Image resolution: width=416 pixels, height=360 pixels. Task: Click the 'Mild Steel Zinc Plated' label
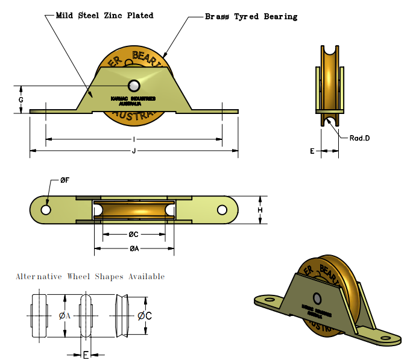[x=104, y=15]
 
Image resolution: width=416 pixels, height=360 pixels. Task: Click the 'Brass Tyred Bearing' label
[x=251, y=16]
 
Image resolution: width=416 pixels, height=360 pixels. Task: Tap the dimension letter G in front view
[x=21, y=99]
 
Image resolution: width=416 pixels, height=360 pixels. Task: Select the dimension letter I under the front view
[x=133, y=139]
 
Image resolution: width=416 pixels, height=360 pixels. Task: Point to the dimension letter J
[x=133, y=150]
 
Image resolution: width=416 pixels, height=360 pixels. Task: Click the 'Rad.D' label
[x=359, y=138]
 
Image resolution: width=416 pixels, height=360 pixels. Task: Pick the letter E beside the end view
[x=312, y=151]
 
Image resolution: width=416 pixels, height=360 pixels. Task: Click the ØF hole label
[x=65, y=180]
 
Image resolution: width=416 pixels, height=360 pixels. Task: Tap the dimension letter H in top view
[x=260, y=210]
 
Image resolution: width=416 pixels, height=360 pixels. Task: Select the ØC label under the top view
[x=133, y=235]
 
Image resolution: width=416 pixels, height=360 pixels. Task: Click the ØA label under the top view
[x=133, y=248]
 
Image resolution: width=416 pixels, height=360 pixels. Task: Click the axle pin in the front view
[x=134, y=85]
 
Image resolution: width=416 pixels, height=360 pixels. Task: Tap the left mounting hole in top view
[x=46, y=210]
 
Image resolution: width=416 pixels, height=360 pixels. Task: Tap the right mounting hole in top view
[x=222, y=210]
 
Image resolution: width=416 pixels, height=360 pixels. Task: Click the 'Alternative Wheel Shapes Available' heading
[x=90, y=277]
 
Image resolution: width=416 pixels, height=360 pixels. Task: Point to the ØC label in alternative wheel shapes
[x=144, y=315]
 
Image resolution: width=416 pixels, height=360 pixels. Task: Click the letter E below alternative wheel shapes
[x=86, y=354]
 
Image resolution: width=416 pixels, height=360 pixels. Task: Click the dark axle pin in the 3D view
[x=317, y=298]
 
